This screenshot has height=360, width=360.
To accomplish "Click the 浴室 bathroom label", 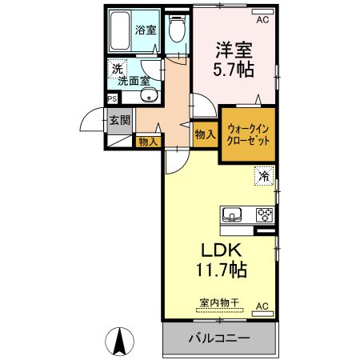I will click(146, 31).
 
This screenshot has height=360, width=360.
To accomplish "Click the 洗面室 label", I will click(134, 80).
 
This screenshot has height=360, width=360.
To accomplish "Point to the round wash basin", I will click(147, 97).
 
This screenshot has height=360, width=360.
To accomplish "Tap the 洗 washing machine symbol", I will click(116, 69).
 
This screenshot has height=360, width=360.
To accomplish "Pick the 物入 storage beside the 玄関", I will click(147, 142).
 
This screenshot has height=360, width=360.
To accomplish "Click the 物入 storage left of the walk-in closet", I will click(205, 135).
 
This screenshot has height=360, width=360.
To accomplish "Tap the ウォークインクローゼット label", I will click(248, 133).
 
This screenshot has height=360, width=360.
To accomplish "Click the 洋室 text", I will click(233, 49).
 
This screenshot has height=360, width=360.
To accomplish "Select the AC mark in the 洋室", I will click(262, 12).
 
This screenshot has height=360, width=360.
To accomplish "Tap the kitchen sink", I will click(233, 214).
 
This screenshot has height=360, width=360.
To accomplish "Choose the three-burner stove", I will click(263, 214).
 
